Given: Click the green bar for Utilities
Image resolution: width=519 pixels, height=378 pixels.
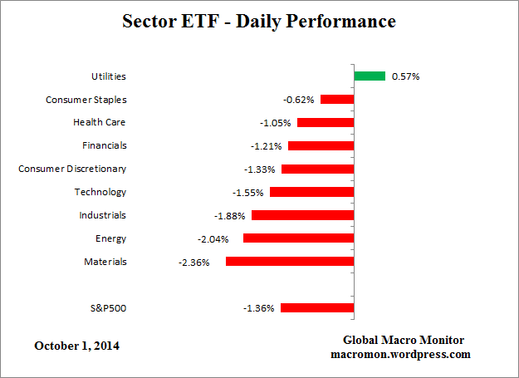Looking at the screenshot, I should [x=370, y=76].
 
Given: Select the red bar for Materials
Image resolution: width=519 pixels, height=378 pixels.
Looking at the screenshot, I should [x=290, y=262].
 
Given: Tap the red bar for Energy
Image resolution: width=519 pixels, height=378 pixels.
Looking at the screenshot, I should [x=298, y=238].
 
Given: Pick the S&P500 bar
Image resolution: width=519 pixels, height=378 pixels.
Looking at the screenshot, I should [x=317, y=308].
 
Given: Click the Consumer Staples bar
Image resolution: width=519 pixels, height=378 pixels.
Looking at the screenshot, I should [x=337, y=100].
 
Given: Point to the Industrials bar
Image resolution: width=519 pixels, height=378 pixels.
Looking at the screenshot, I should [x=302, y=215].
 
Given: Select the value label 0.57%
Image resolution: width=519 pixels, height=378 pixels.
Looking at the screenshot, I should [x=406, y=76].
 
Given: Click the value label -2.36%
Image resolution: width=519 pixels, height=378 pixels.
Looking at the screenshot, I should [x=193, y=262].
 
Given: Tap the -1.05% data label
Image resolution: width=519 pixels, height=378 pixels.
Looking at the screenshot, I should [x=275, y=123].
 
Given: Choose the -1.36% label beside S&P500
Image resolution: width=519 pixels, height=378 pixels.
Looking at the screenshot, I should [x=258, y=308].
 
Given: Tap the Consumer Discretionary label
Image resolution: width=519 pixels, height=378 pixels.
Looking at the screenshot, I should [x=72, y=169].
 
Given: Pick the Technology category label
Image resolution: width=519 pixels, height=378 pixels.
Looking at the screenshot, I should [x=100, y=192].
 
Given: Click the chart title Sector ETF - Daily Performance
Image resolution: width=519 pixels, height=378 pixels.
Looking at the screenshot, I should [x=259, y=21].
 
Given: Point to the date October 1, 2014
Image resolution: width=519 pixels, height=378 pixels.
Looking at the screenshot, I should [x=76, y=345].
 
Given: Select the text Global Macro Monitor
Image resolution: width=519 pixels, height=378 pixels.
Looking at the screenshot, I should [x=404, y=341].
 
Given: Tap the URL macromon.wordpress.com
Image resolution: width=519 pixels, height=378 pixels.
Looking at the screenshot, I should [x=404, y=354].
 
